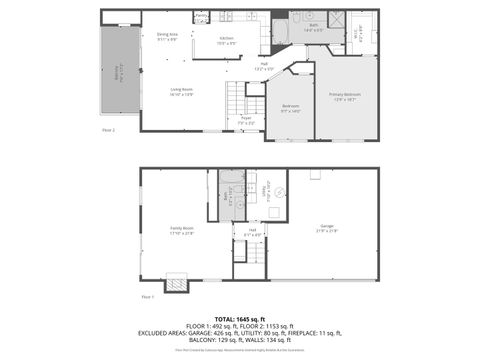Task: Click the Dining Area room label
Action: tap(166, 36)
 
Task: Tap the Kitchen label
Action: tap(227, 40)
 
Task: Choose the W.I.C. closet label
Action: tap(357, 37)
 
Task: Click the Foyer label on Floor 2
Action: tap(246, 122)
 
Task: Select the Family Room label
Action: tap(181, 230)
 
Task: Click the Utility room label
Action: tap(267, 190)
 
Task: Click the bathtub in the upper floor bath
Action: tap(280, 33)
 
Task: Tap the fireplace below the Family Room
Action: tap(176, 284)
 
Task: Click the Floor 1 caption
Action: tap(148, 297)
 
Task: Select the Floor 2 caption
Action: tap(108, 130)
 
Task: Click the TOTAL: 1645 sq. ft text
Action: tap(239, 319)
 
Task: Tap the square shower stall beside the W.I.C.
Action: tap(337, 19)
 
